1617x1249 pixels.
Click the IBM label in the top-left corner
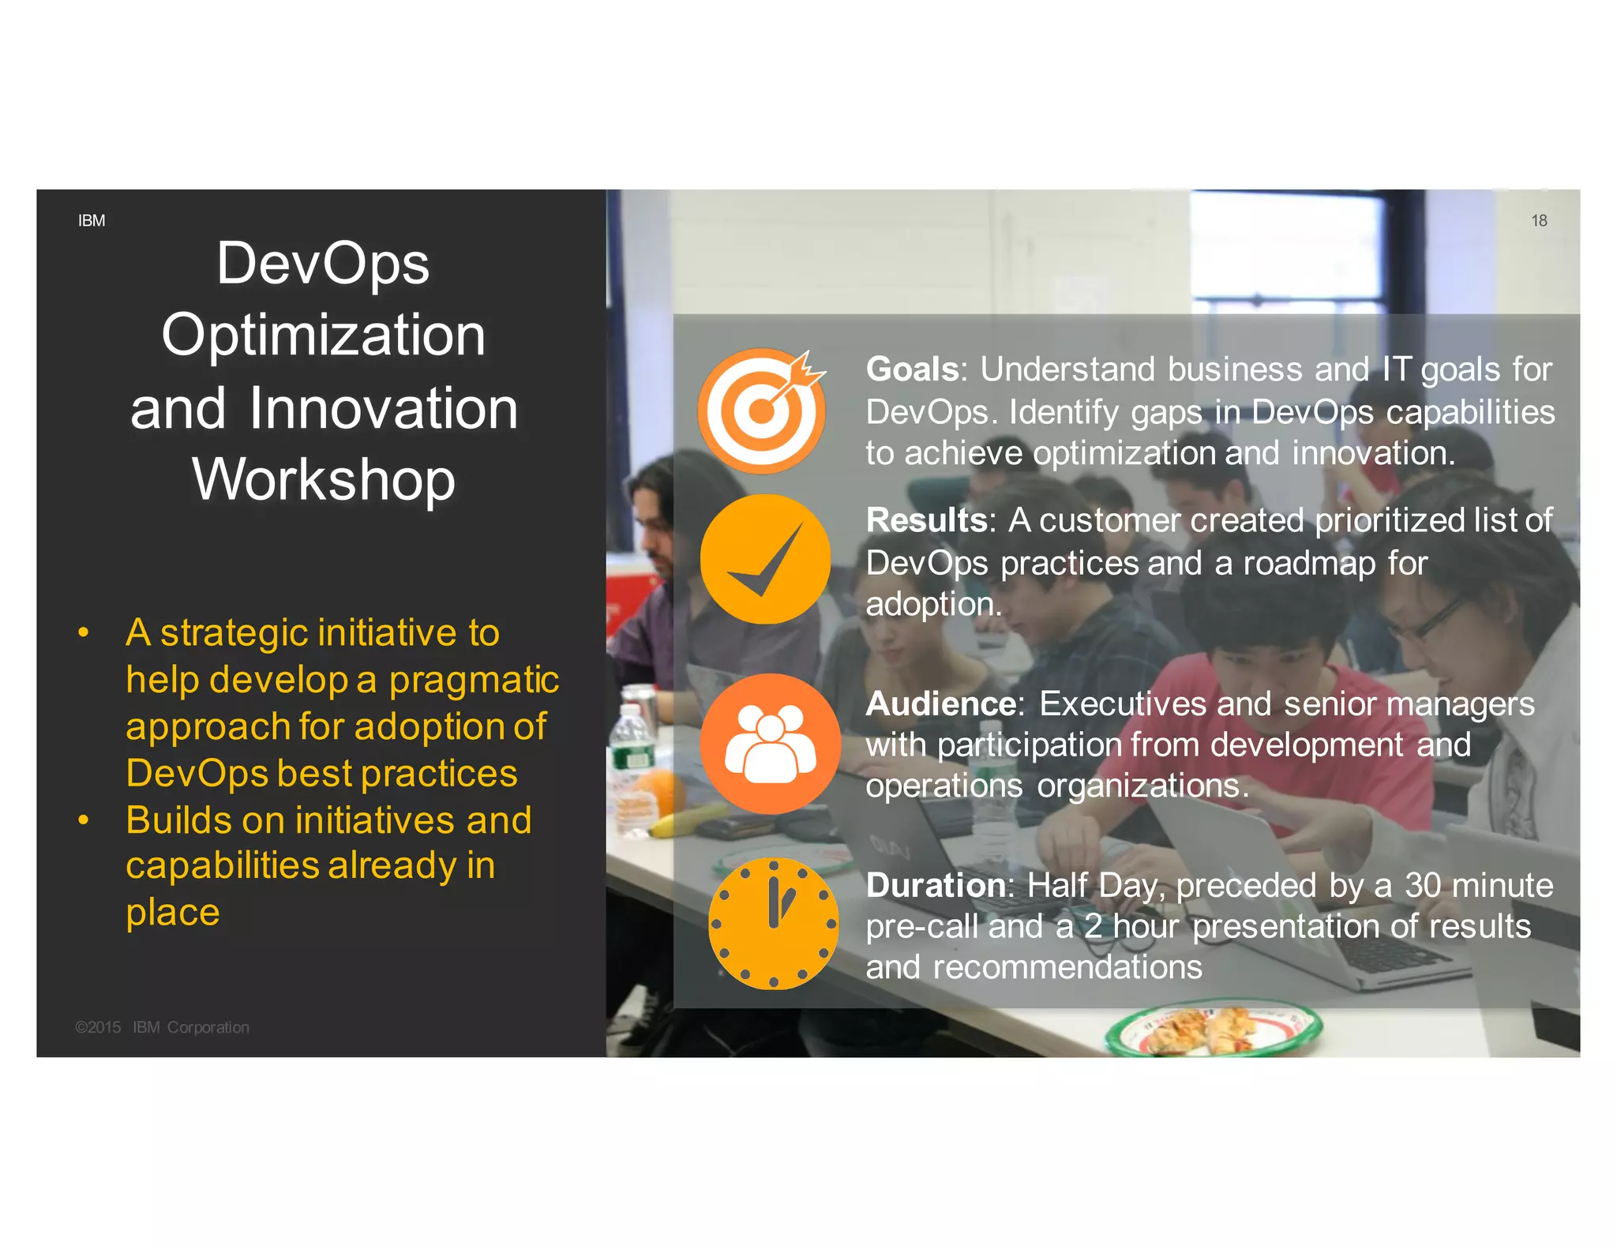pyautogui.click(x=92, y=221)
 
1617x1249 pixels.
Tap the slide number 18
pyautogui.click(x=1539, y=221)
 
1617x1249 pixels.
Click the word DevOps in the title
pyautogui.click(x=323, y=264)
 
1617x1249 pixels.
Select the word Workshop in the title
pyautogui.click(x=324, y=479)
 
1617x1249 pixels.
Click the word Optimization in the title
pyautogui.click(x=324, y=335)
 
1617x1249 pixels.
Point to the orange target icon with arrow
pyautogui.click(x=761, y=411)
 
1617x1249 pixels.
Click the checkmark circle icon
pyautogui.click(x=765, y=560)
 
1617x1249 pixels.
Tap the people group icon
pyautogui.click(x=770, y=744)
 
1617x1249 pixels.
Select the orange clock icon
pyautogui.click(x=773, y=924)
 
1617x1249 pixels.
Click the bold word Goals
pyautogui.click(x=912, y=369)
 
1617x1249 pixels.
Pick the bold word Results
pyautogui.click(x=926, y=520)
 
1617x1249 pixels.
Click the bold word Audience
pyautogui.click(x=940, y=703)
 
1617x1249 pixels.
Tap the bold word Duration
pyautogui.click(x=936, y=885)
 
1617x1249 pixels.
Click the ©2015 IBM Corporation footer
pyautogui.click(x=162, y=1027)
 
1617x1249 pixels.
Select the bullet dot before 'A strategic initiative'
pyautogui.click(x=83, y=632)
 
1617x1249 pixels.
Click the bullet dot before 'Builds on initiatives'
pyautogui.click(x=83, y=820)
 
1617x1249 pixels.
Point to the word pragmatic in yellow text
pyautogui.click(x=474, y=680)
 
